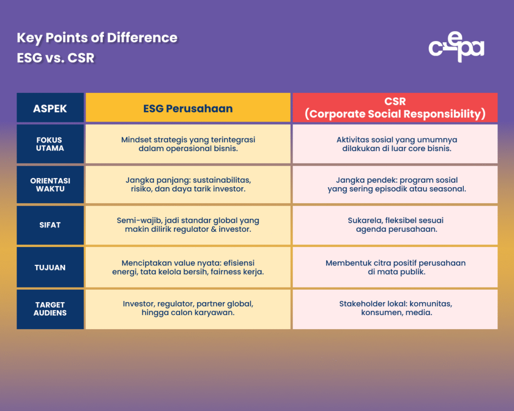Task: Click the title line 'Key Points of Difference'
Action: click(97, 38)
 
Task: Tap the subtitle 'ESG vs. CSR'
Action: click(55, 58)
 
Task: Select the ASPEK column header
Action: click(50, 108)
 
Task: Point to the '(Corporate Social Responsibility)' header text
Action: click(395, 114)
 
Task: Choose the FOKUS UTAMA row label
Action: click(50, 144)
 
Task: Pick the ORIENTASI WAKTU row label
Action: click(50, 185)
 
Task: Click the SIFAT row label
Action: click(50, 225)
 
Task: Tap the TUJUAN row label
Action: click(50, 267)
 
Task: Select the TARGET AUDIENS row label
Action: click(50, 309)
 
